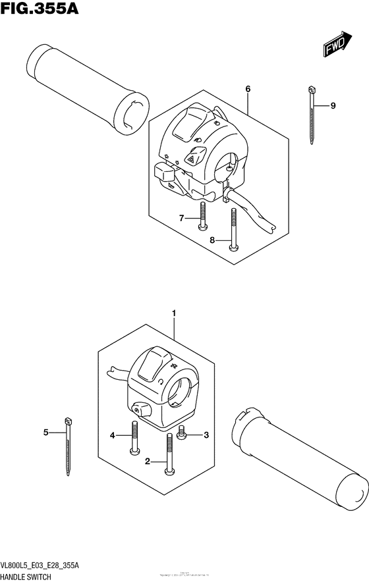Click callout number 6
click(248, 89)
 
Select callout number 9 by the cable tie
click(333, 105)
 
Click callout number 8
click(213, 240)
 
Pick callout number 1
click(174, 315)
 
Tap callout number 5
click(46, 433)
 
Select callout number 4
click(112, 435)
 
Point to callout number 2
click(148, 462)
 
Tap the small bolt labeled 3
click(183, 435)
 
